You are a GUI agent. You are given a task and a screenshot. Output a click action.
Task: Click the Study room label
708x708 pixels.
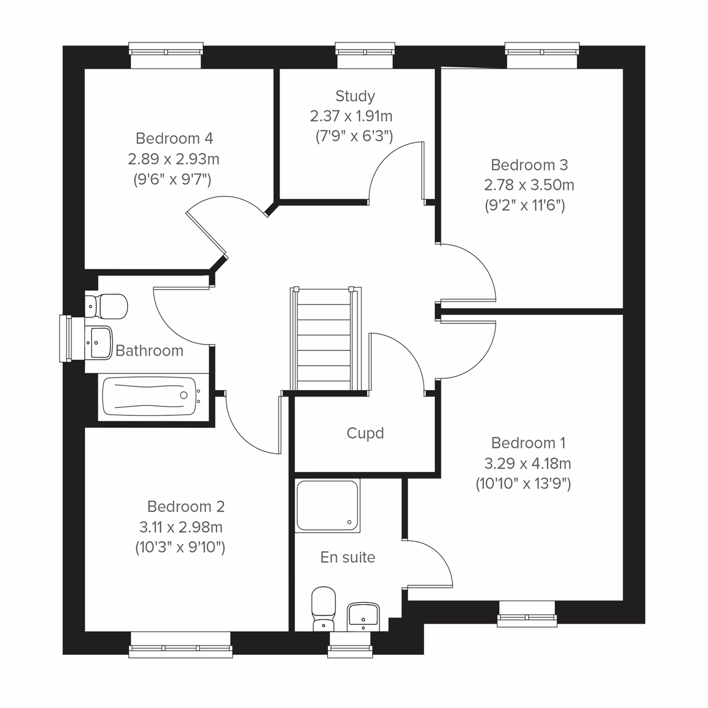[355, 96]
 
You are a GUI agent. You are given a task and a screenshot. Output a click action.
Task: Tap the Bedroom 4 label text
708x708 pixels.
[174, 138]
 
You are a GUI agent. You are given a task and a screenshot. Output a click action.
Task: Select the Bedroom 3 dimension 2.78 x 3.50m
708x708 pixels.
[529, 185]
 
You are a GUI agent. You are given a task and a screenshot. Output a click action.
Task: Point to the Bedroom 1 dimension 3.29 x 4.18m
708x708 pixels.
[527, 463]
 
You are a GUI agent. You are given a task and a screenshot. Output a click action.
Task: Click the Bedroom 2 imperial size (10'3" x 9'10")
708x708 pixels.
[180, 547]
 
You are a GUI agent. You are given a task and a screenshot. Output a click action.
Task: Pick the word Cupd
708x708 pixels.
[365, 433]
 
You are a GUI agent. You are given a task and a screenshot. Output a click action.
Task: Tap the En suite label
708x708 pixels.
[348, 557]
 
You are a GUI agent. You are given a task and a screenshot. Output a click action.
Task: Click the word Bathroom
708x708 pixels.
[149, 350]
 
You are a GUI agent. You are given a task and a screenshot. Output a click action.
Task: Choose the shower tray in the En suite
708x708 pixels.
[328, 505]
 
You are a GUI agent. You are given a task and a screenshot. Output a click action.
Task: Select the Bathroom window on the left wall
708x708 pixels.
[66, 339]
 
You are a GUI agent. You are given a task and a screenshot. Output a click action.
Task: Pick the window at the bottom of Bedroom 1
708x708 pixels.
[527, 614]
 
